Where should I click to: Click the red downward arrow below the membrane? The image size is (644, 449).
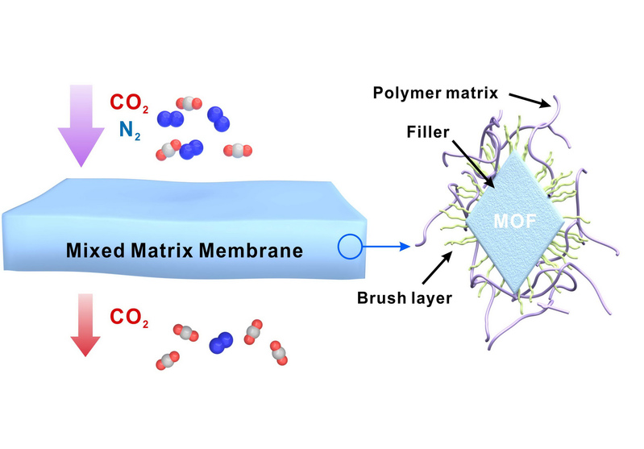click(82, 331)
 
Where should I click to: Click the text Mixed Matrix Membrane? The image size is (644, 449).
click(184, 251)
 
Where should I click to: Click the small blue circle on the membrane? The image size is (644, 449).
click(349, 247)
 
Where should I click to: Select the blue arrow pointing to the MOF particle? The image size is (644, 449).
click(386, 247)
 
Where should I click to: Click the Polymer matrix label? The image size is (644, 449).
click(435, 92)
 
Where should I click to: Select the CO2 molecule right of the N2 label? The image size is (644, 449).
click(188, 104)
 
